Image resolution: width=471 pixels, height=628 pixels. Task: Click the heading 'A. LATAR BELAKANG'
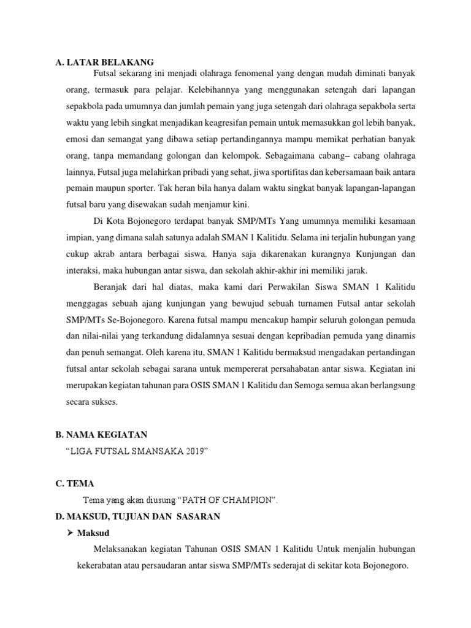[x=104, y=62]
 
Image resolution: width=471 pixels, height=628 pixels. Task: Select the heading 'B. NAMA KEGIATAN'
[x=101, y=435]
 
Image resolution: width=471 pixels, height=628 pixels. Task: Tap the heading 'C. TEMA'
[x=74, y=484]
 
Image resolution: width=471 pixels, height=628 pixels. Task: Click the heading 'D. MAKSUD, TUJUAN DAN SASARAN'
[x=137, y=517]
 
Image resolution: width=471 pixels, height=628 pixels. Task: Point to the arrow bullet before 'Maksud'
[x=70, y=532]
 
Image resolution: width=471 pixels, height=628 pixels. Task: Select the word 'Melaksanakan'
[x=119, y=548]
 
